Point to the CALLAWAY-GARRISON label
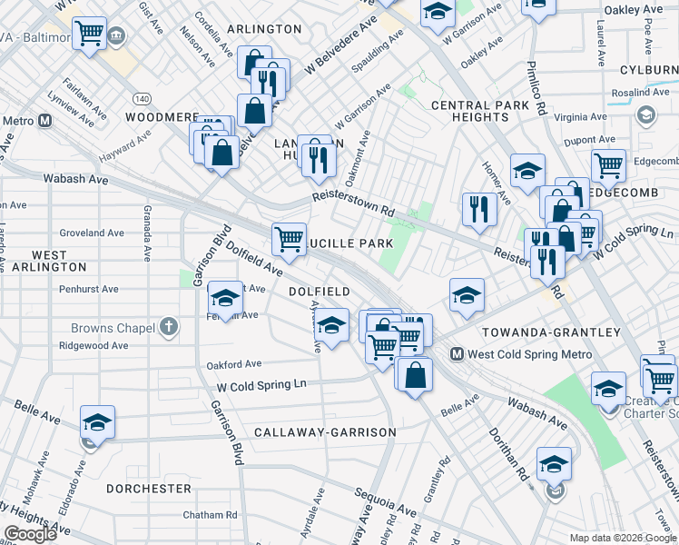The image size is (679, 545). coord(325,432)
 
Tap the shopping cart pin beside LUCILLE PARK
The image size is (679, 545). coord(289,240)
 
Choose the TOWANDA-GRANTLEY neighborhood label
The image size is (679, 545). coord(551,332)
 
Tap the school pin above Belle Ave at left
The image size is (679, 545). coord(97,422)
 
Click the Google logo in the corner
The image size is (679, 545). coord(30,534)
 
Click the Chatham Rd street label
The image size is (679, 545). coord(210,515)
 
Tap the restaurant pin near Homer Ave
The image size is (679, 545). coord(477,209)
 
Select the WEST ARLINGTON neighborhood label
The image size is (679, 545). coord(46,261)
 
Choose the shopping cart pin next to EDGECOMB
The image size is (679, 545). coord(607,164)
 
